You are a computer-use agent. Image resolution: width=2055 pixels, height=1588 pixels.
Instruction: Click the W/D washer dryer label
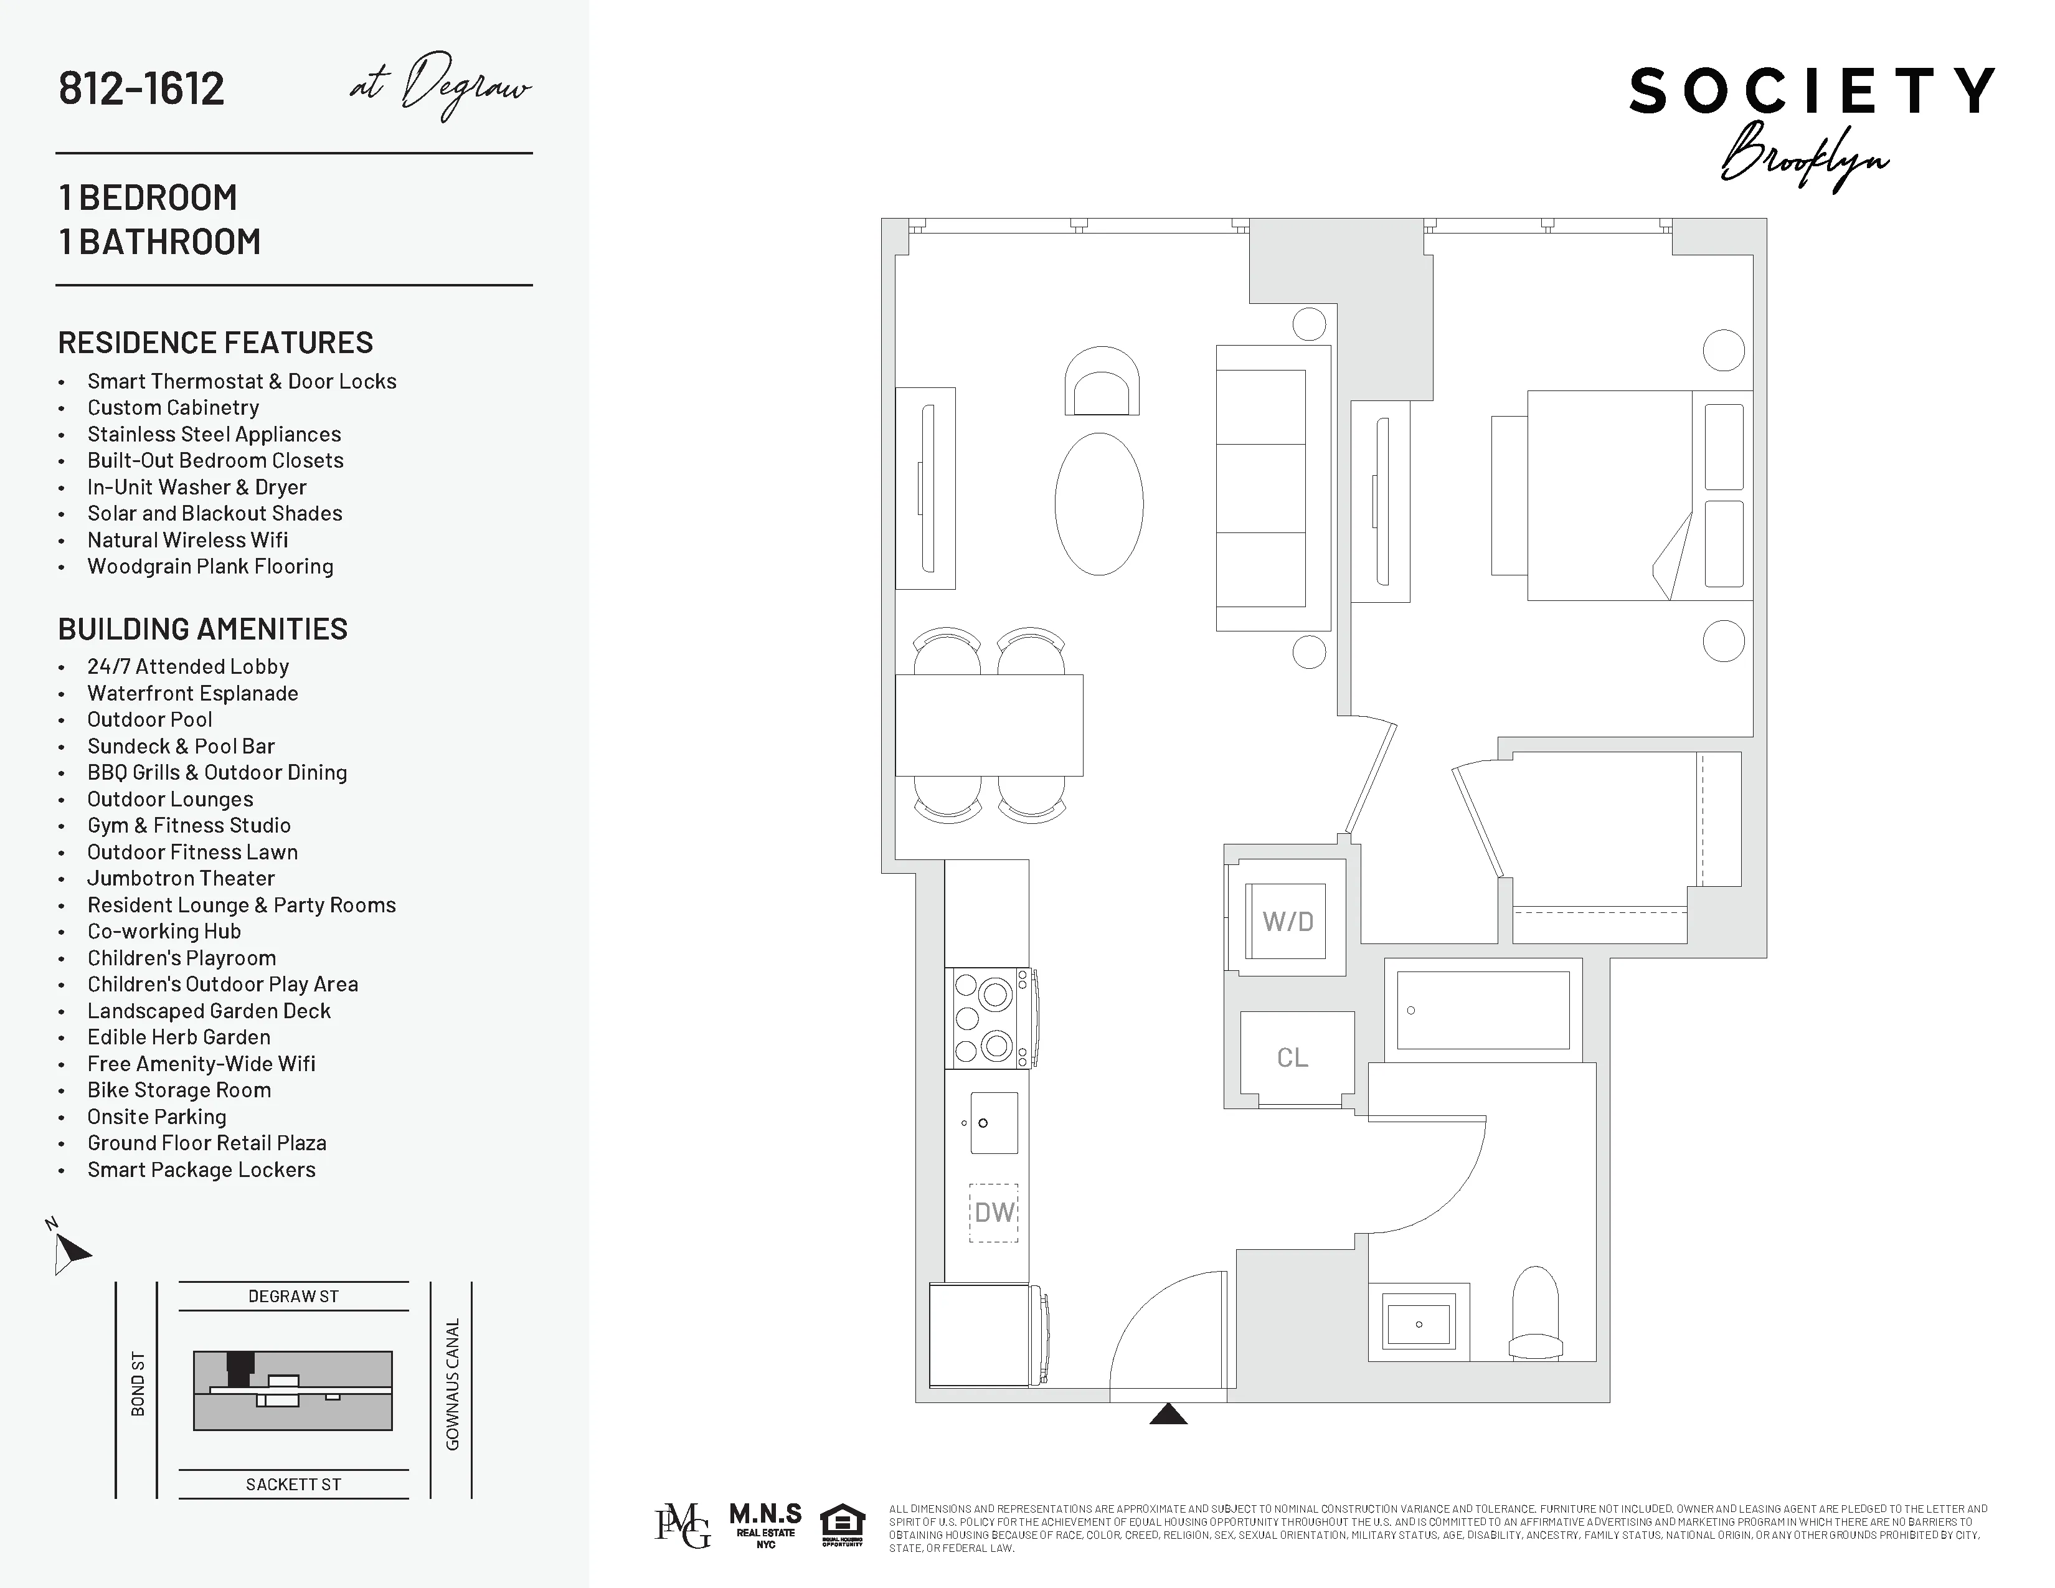coord(1287,921)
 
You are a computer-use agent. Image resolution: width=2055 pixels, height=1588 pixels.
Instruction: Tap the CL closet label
coord(1292,1057)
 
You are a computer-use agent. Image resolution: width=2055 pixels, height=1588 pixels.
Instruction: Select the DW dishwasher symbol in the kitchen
coord(994,1212)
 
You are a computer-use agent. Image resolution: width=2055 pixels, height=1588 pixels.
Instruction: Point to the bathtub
coord(1483,1010)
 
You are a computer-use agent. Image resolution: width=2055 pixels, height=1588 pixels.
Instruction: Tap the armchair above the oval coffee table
coord(1101,382)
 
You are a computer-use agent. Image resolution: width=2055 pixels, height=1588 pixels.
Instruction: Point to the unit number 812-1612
coord(141,88)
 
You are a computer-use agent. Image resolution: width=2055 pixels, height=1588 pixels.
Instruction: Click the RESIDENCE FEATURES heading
coord(215,343)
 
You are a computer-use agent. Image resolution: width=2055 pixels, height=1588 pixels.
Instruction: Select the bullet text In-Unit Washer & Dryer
coord(197,488)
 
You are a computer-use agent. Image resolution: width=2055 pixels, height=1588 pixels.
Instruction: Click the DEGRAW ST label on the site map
coord(293,1297)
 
